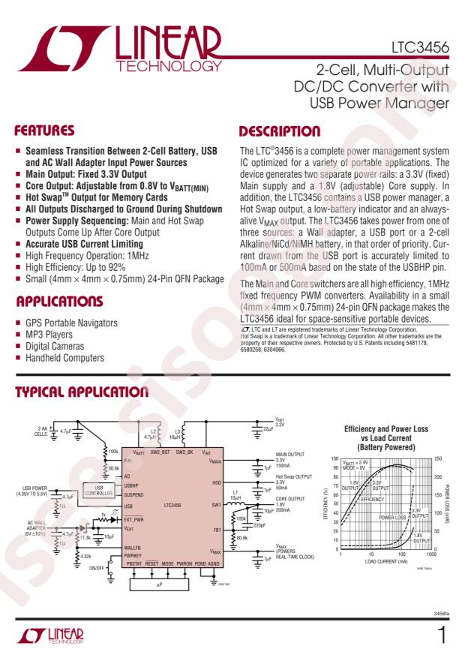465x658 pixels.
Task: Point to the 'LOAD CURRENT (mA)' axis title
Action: point(385,560)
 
